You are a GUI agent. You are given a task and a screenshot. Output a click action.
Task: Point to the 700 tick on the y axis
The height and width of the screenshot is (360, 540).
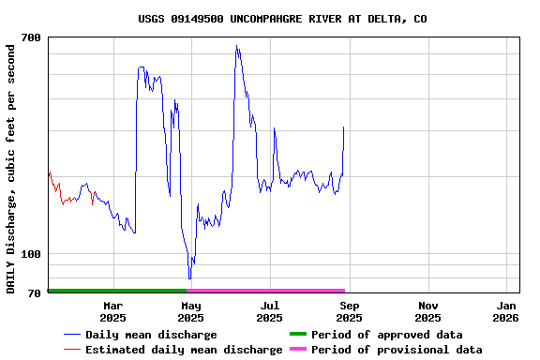pos(31,37)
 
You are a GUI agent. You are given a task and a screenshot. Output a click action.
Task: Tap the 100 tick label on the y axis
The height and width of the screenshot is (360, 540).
pos(31,254)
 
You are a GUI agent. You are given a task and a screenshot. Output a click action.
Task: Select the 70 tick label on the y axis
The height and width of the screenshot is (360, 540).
pos(35,293)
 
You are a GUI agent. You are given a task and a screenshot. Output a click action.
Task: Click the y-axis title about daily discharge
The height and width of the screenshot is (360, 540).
pos(11,167)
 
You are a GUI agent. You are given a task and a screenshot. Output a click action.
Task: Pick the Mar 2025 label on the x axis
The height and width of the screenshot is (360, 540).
pos(112,311)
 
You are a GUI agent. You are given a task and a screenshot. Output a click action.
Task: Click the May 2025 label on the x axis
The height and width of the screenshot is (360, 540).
pos(191,311)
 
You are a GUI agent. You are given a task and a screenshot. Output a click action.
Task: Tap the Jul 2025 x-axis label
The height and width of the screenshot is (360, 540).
pos(270,311)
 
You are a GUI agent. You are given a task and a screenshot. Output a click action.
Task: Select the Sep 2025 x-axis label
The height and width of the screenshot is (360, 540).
pos(349,311)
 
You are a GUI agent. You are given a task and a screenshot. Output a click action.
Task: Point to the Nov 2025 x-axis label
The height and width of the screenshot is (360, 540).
pos(427,311)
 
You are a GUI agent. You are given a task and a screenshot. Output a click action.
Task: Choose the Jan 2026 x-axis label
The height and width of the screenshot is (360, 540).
pos(506,311)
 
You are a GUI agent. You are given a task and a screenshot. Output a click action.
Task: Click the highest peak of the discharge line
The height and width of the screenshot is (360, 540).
pos(237,46)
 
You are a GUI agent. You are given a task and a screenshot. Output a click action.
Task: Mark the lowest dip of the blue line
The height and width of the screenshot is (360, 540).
pos(189,277)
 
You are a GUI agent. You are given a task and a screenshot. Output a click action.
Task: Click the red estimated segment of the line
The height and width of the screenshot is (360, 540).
pos(56,187)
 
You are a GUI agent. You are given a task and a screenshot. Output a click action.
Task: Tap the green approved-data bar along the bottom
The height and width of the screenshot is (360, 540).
pos(117,291)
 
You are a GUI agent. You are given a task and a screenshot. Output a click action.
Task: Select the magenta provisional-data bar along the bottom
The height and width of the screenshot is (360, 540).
pos(266,291)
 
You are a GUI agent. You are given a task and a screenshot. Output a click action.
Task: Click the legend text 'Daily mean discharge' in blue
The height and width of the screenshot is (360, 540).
pos(151,335)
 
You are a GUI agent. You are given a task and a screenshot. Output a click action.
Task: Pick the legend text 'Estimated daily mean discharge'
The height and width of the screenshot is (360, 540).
pos(184,350)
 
